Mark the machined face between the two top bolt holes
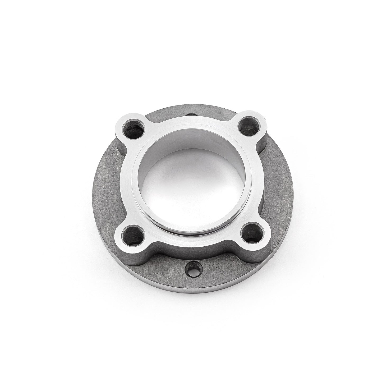[192, 120]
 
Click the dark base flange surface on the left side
[104, 190]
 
